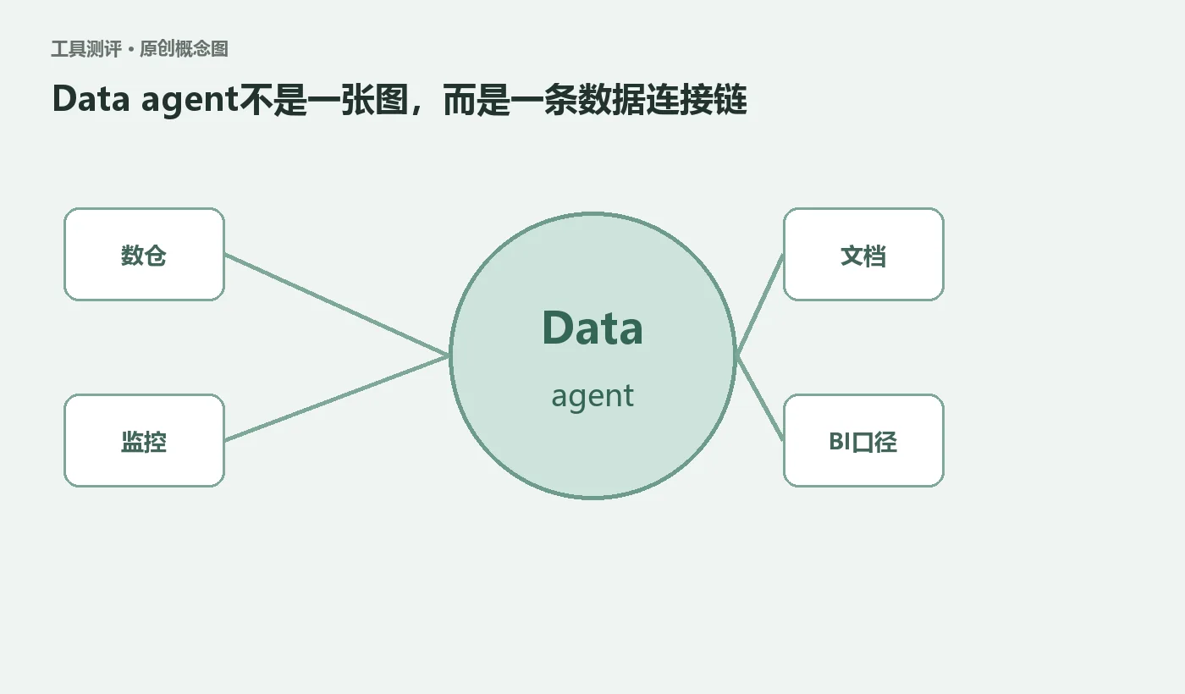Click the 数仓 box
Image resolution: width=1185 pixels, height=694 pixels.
[x=144, y=255]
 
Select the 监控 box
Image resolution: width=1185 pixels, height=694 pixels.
[x=144, y=441]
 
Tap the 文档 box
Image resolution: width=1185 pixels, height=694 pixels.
[x=863, y=255]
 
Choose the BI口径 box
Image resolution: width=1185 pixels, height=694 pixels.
[x=863, y=441]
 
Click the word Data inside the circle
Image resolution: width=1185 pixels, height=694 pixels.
[x=592, y=328]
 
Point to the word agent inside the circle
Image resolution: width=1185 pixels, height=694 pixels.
[x=592, y=397]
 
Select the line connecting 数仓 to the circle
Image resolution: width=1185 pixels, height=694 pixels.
[x=337, y=304]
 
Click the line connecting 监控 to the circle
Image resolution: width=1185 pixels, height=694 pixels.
[x=337, y=399]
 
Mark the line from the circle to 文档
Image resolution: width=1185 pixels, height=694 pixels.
[x=760, y=304]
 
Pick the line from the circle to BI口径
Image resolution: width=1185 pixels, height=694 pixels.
[x=760, y=399]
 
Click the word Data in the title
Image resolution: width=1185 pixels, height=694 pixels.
[x=91, y=99]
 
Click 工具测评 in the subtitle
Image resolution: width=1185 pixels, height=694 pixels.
[x=86, y=49]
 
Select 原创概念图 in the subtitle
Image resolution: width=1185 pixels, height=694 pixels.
[x=185, y=49]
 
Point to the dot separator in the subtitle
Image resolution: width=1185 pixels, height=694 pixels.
[x=131, y=50]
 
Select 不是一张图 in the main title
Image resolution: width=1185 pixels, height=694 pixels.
[x=324, y=100]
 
